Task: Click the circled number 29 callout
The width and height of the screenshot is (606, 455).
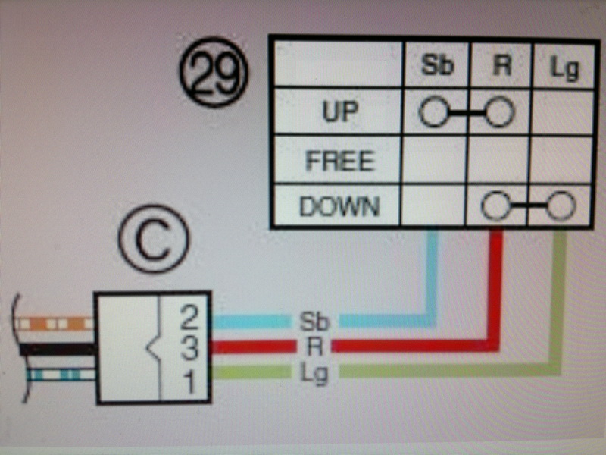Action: pos(213,74)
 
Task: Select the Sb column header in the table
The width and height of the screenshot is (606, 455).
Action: pos(436,66)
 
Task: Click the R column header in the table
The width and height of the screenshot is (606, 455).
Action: pos(499,66)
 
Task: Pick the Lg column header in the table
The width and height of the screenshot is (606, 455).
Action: pos(563,67)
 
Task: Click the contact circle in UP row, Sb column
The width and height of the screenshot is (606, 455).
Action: pos(433,114)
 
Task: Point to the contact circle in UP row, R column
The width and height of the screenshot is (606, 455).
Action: pos(500,114)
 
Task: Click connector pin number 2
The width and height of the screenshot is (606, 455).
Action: pos(189,319)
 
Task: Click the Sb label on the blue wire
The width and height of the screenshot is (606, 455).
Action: pos(314,322)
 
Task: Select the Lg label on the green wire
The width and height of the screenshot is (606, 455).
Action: pos(314,372)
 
